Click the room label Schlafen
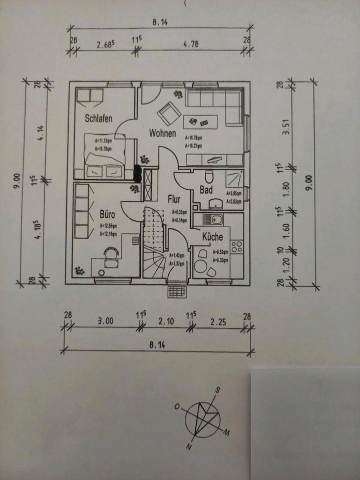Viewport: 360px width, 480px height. click(98, 118)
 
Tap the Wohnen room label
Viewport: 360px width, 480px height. click(162, 133)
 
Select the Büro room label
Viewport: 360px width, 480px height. click(107, 214)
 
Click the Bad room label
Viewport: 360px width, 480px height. click(206, 189)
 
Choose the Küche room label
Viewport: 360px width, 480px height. click(212, 237)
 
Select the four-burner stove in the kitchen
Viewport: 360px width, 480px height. click(236, 246)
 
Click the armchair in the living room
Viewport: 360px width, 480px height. click(168, 114)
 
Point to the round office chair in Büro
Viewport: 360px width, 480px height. click(111, 254)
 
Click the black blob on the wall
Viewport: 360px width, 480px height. click(138, 172)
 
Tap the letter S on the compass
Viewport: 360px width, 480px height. click(218, 390)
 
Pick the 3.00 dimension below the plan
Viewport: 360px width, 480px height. click(106, 321)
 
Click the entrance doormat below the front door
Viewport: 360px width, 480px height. click(176, 290)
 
